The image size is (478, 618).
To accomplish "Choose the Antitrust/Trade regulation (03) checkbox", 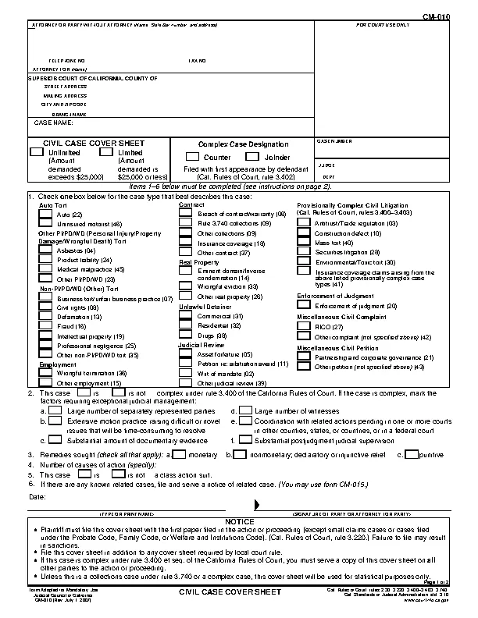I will [x=302, y=223].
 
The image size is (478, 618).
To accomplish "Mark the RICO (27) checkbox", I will [x=302, y=327].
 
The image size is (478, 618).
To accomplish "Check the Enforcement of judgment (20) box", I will [x=302, y=306].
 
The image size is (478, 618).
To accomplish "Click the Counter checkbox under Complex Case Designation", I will [x=192, y=157].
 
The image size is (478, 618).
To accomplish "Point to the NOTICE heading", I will [x=239, y=520].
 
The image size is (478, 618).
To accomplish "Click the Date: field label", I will [x=37, y=496].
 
